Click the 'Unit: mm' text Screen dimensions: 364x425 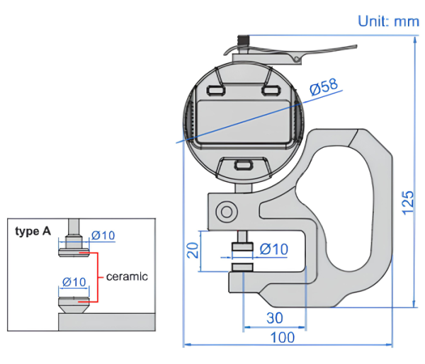388,21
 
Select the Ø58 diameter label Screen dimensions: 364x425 324,87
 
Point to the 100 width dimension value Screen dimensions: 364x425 283,337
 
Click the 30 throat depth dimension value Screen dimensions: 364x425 275,317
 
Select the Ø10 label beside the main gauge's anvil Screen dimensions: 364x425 274,249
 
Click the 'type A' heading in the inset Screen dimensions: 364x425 33,232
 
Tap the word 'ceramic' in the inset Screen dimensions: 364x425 127,276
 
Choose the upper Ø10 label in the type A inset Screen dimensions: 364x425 103,235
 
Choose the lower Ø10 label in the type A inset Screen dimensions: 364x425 74,282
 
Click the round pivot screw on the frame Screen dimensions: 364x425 227,211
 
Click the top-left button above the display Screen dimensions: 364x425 215,91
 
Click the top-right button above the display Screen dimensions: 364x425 270,90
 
